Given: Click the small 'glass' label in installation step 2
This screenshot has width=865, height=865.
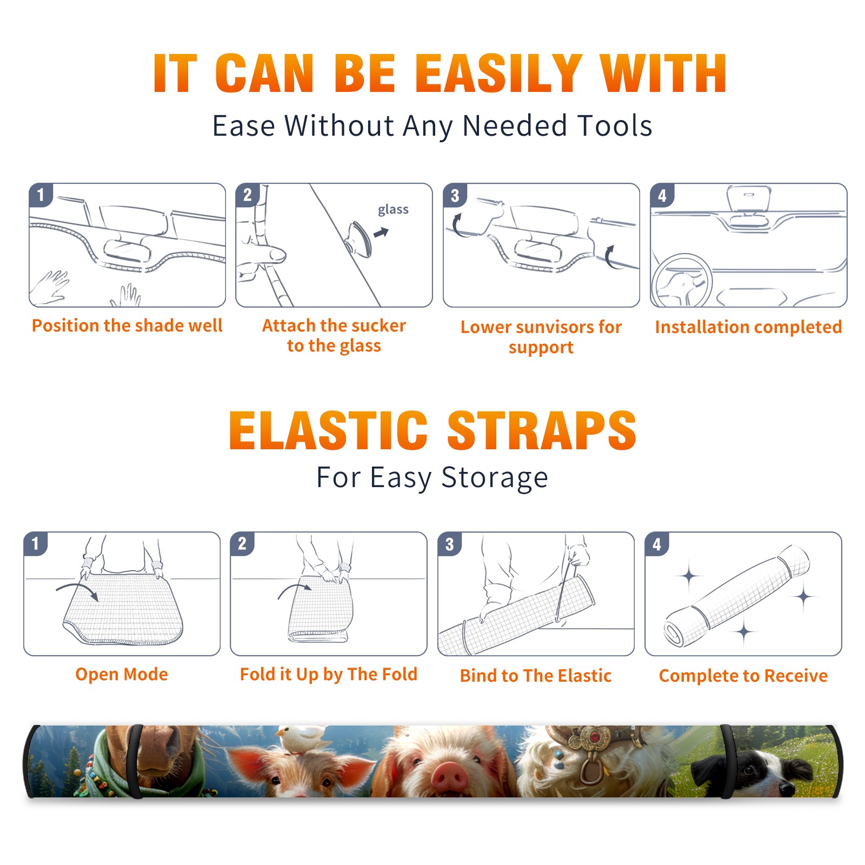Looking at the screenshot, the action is click(x=393, y=210).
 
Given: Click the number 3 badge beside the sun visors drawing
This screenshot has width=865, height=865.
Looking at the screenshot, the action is click(x=455, y=195).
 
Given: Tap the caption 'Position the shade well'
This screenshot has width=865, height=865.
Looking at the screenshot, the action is click(x=127, y=325).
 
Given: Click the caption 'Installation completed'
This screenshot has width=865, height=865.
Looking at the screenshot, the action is click(x=748, y=327).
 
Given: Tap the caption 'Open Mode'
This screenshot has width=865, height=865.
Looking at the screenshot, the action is click(x=122, y=674).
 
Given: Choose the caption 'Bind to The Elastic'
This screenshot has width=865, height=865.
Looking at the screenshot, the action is click(x=535, y=676).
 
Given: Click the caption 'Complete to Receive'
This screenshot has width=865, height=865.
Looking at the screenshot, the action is click(x=743, y=676).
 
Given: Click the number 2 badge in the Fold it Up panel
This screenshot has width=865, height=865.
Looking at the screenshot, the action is click(x=242, y=543).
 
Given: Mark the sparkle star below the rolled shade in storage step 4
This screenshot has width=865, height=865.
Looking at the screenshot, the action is click(x=744, y=631).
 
